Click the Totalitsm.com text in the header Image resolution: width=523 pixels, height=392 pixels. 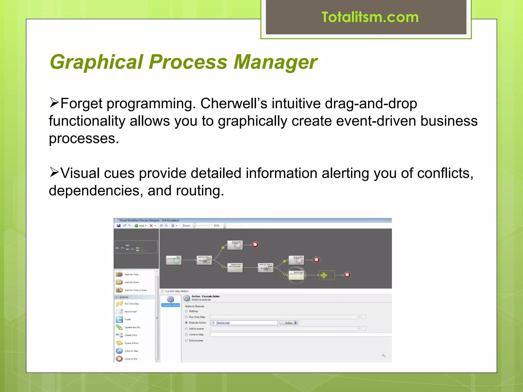tap(370, 17)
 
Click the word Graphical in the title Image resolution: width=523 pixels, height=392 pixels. tap(97, 62)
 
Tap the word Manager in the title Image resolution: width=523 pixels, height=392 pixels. tap(275, 62)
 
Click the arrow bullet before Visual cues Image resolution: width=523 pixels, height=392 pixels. tap(54, 172)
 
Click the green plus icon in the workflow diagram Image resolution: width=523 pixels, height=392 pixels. tap(324, 275)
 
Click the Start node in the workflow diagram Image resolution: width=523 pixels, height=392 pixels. tap(174, 260)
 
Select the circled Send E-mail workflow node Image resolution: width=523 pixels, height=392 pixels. tap(296, 275)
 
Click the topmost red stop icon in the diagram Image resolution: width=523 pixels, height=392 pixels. tap(255, 245)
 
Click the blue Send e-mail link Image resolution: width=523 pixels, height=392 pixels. tap(223, 323)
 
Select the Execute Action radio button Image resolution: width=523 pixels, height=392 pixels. tap(186, 323)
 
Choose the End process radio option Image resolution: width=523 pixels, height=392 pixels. tap(186, 341)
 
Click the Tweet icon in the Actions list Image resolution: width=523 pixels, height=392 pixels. tap(119, 319)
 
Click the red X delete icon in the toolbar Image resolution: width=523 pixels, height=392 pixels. tap(151, 226)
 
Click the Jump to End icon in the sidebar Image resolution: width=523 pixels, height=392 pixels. tap(119, 359)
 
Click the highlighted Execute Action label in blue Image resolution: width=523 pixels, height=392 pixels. tap(171, 305)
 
